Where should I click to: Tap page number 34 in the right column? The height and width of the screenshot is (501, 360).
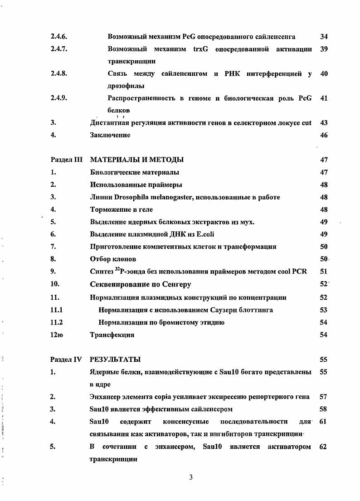[x=324, y=36]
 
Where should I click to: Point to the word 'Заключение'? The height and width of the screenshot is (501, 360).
[x=110, y=135]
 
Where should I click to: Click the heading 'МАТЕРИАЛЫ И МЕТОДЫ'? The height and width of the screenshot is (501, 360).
[x=136, y=160]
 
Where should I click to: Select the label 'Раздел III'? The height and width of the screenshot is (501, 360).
[x=65, y=160]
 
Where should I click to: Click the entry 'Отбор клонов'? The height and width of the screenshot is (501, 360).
[x=113, y=259]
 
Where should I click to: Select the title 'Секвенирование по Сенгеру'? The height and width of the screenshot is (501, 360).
[x=141, y=284]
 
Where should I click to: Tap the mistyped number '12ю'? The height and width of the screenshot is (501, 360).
[x=57, y=335]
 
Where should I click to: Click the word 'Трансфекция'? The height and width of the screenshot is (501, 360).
[x=112, y=335]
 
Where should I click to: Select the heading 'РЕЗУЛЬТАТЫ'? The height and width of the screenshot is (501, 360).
[x=115, y=360]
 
